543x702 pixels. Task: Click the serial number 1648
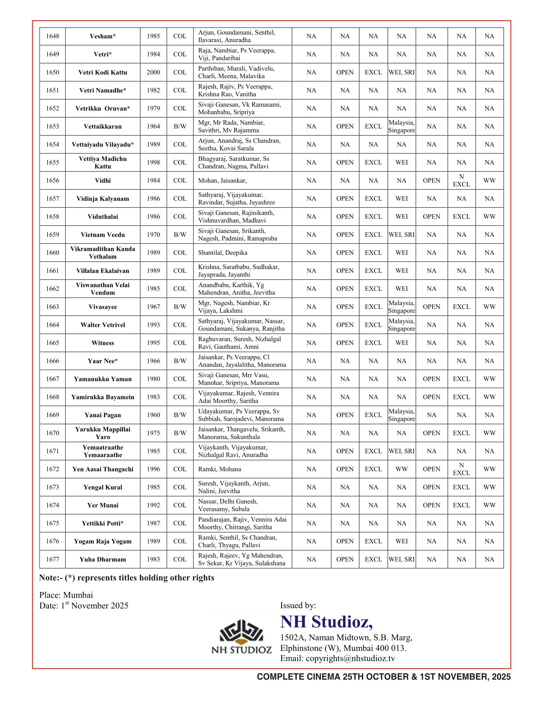click(52, 36)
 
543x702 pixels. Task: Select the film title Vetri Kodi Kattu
click(103, 72)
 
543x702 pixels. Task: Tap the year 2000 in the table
click(153, 72)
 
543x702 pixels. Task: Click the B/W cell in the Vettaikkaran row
click(180, 126)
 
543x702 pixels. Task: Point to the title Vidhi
click(103, 181)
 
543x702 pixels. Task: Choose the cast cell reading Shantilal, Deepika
click(223, 253)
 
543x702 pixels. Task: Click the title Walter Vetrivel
click(103, 325)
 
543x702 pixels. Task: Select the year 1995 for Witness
click(153, 343)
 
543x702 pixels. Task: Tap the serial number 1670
click(52, 433)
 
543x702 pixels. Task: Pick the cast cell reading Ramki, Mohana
click(219, 469)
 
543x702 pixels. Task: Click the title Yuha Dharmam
click(103, 559)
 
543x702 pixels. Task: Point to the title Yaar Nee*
click(103, 361)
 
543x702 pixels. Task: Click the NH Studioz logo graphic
click(241, 636)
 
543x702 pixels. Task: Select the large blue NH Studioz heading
click(326, 622)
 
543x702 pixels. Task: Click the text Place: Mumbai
click(66, 595)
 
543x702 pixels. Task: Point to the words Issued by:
click(298, 606)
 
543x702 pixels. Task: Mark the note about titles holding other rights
click(126, 578)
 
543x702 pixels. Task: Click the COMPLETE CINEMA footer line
click(383, 677)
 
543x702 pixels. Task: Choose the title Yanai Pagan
click(103, 415)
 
